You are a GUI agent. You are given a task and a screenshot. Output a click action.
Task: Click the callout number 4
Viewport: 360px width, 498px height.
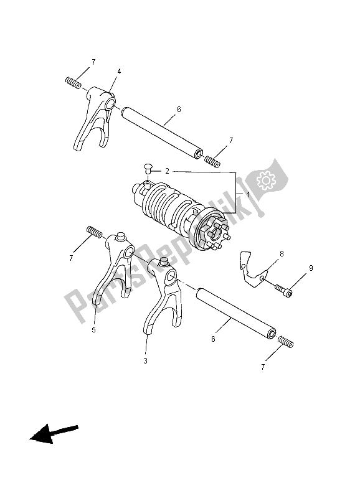(118, 72)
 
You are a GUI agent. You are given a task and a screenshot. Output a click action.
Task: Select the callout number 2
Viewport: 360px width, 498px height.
(167, 170)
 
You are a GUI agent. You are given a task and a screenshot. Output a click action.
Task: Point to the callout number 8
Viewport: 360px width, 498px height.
(282, 254)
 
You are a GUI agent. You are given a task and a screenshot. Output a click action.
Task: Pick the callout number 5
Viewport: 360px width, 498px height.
(93, 330)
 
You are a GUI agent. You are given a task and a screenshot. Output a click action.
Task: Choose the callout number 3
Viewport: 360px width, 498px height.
(144, 360)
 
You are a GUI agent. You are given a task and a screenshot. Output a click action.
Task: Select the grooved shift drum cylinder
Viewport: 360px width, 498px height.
(174, 209)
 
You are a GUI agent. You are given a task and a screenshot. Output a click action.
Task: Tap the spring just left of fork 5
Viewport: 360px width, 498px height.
(94, 232)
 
